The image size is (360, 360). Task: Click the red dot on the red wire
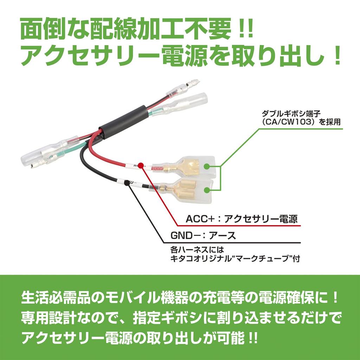[x=141, y=165]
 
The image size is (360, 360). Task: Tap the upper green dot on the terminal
[x=207, y=167]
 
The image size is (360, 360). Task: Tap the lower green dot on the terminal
[x=207, y=190]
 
